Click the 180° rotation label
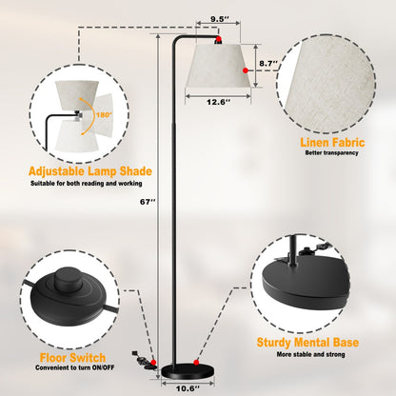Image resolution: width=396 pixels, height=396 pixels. [104, 115]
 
